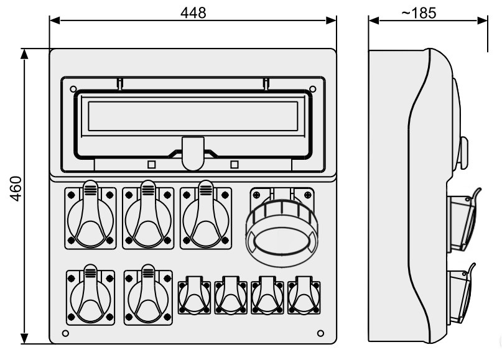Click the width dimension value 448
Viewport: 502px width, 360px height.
click(x=193, y=13)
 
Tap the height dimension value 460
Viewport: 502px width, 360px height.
click(x=16, y=188)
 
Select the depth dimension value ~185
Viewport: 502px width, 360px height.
click(x=419, y=13)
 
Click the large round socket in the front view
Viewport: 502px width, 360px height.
click(x=282, y=227)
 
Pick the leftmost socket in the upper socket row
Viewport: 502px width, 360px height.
click(x=90, y=215)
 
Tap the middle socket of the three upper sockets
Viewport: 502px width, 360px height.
click(x=148, y=215)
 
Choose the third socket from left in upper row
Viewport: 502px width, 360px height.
click(x=205, y=215)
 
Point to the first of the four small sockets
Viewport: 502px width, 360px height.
click(x=194, y=295)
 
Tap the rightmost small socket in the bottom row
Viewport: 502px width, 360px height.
click(x=304, y=295)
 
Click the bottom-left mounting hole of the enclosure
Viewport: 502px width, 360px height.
click(x=65, y=333)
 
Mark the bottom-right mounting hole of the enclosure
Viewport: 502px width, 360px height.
click(x=320, y=333)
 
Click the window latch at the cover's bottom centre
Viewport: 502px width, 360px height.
click(x=193, y=154)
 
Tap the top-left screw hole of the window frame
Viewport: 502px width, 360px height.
click(x=73, y=89)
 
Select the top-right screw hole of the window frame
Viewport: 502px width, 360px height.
click(x=313, y=89)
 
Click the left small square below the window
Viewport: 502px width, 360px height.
click(x=151, y=165)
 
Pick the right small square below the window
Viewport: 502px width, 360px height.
click(x=235, y=165)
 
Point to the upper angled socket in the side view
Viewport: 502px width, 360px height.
click(x=463, y=221)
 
